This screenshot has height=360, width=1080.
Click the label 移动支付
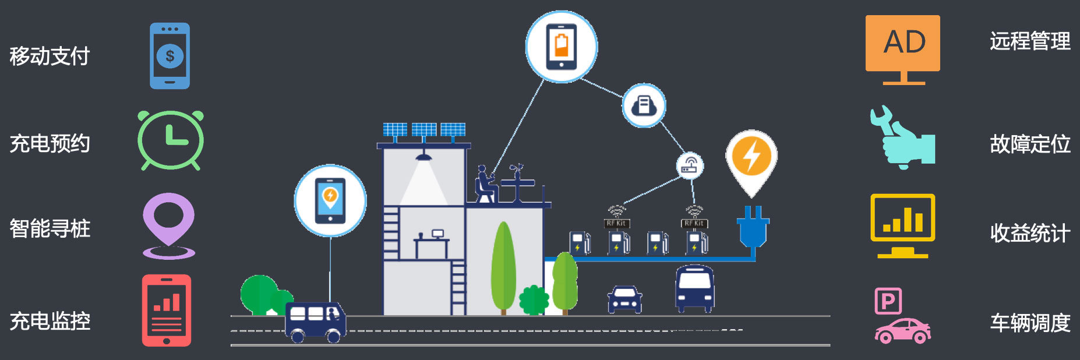[50, 57]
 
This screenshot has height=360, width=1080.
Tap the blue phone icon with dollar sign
[170, 56]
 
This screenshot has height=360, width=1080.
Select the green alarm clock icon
[170, 140]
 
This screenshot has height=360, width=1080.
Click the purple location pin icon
[169, 224]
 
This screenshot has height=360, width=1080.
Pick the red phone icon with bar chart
[167, 310]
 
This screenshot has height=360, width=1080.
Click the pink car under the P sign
[902, 330]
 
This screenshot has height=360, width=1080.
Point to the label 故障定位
[1030, 144]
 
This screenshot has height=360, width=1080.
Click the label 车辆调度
[1030, 323]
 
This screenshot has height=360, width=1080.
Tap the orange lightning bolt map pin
[751, 158]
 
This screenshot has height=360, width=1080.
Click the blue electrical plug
[753, 227]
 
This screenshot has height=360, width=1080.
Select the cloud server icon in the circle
[644, 105]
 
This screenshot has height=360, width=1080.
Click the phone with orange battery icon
[561, 46]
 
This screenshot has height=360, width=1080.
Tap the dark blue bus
[694, 288]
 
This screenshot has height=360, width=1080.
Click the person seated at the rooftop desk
[483, 185]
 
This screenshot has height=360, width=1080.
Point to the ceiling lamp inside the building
[423, 157]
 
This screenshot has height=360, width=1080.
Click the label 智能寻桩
[50, 228]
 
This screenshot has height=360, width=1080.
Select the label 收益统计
[1030, 233]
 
